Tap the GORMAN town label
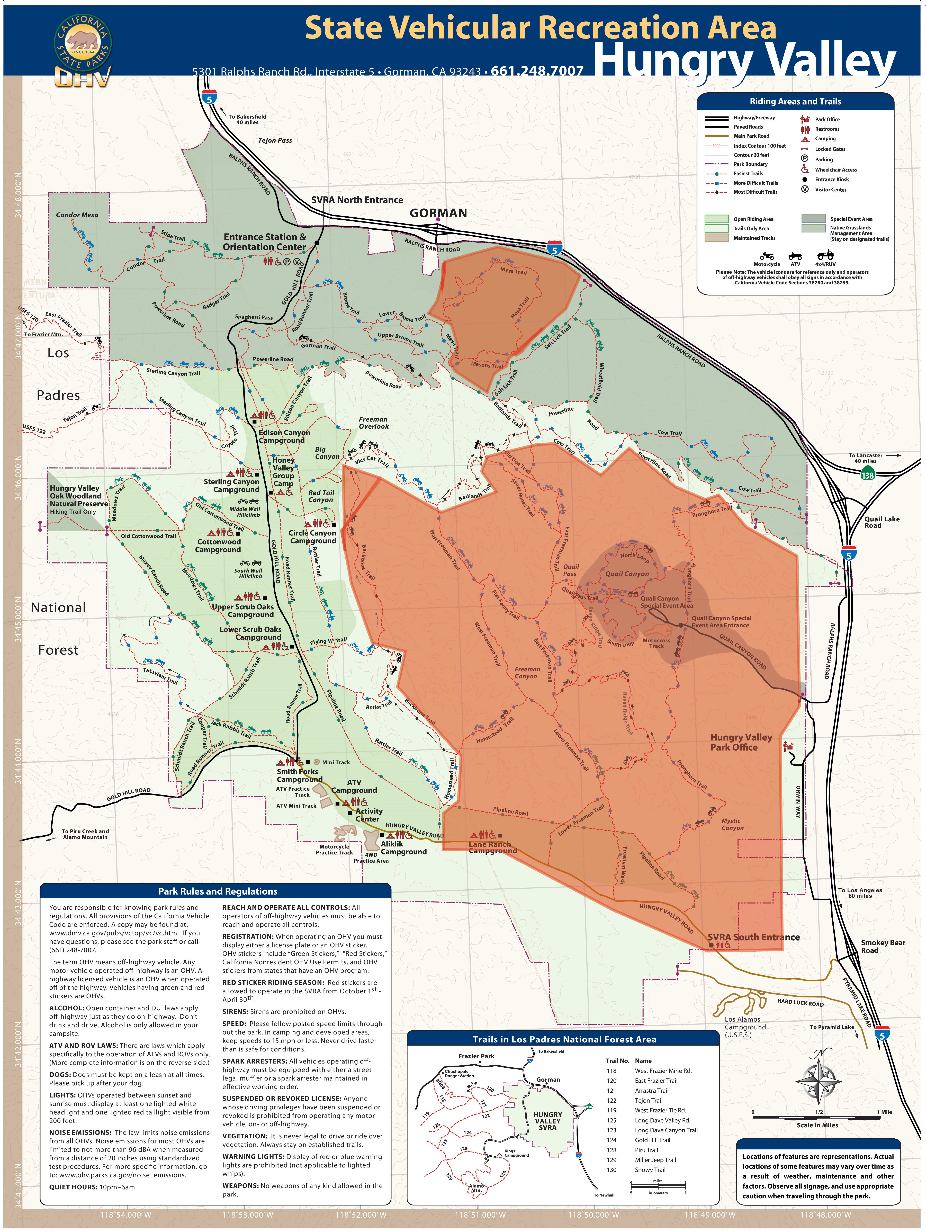click(438, 213)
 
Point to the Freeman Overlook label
click(373, 423)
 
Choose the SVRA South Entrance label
click(753, 937)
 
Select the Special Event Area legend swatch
click(813, 219)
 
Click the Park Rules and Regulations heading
click(218, 891)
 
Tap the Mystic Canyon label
click(732, 824)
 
